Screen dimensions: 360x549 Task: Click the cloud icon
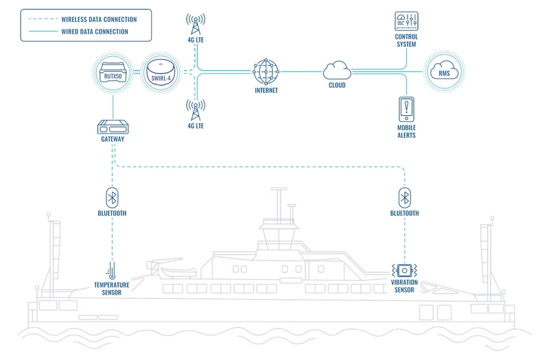pos(336,69)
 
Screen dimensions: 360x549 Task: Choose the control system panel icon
pos(406,21)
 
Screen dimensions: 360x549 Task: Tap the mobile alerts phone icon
pos(406,108)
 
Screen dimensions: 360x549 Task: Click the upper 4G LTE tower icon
pos(194,25)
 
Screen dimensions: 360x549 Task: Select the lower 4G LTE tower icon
pos(194,112)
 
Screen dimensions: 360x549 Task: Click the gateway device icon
pos(113,127)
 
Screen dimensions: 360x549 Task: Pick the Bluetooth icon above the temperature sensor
pos(113,196)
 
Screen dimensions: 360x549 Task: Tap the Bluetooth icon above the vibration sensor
pos(404,196)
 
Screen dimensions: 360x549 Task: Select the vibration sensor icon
pos(404,269)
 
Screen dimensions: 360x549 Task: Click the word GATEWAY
pos(113,140)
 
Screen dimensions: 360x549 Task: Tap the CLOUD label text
pos(336,86)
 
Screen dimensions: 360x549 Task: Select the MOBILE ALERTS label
pos(406,131)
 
